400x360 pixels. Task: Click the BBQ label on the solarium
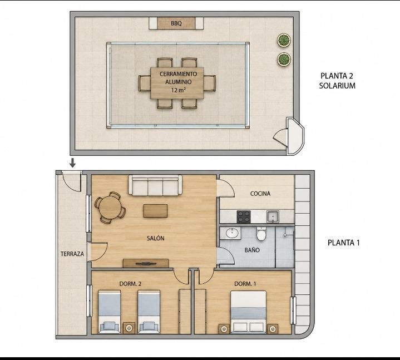176,23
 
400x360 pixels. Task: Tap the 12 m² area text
178,90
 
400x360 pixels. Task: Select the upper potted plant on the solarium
284,40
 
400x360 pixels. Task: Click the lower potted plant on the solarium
284,59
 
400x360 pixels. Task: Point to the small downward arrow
73,163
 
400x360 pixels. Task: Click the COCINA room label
260,194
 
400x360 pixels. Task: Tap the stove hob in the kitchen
244,216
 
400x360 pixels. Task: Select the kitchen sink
273,216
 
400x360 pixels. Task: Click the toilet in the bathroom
261,234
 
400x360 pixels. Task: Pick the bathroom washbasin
233,233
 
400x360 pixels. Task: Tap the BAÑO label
252,250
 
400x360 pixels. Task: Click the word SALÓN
156,238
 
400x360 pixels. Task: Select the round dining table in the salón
110,208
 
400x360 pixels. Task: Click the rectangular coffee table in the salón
155,211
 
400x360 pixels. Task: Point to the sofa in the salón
155,185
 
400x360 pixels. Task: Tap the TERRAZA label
72,254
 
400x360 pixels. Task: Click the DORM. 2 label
130,284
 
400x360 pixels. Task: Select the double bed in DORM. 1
248,312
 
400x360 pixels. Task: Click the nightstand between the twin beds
129,328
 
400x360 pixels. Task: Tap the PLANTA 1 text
344,243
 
